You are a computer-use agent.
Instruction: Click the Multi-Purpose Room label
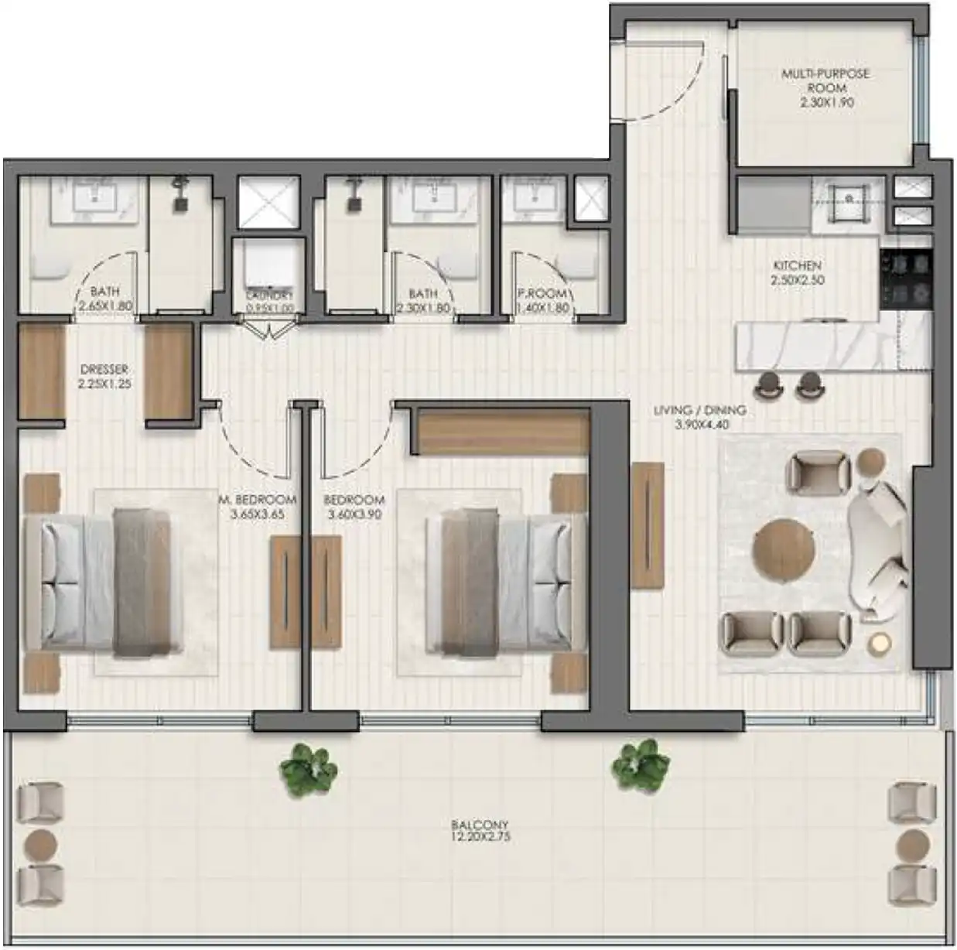pos(825,87)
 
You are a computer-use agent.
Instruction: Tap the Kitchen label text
pos(797,272)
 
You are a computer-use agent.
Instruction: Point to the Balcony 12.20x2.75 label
pos(480,830)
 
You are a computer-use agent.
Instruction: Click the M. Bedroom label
pos(258,506)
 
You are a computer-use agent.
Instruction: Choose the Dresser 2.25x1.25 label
pos(104,376)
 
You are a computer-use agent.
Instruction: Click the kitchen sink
pos(849,200)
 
